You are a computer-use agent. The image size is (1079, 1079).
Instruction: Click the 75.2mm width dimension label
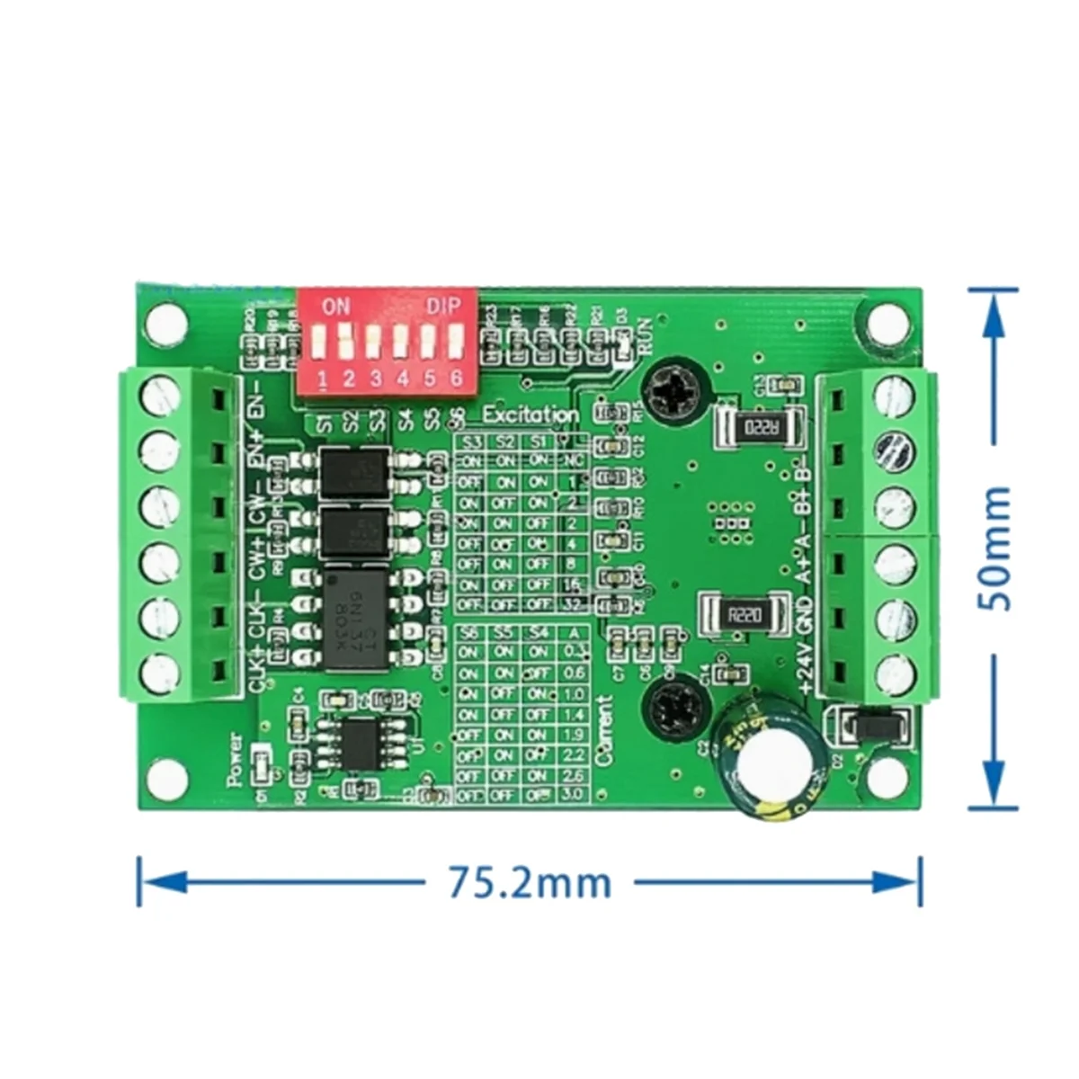[x=530, y=882]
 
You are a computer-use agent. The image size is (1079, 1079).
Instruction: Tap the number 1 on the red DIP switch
[x=321, y=379]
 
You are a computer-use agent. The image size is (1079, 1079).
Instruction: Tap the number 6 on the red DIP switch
[x=456, y=379]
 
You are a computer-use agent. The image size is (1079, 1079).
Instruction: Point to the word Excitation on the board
[x=531, y=415]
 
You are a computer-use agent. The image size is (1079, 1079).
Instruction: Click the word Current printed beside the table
[x=605, y=730]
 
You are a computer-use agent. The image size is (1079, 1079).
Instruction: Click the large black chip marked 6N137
[x=356, y=620]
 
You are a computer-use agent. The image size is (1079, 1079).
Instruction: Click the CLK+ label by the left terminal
[x=256, y=670]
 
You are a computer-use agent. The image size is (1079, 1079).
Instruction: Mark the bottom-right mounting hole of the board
[x=888, y=775]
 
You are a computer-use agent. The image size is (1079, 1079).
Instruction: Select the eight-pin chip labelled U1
[x=361, y=743]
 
